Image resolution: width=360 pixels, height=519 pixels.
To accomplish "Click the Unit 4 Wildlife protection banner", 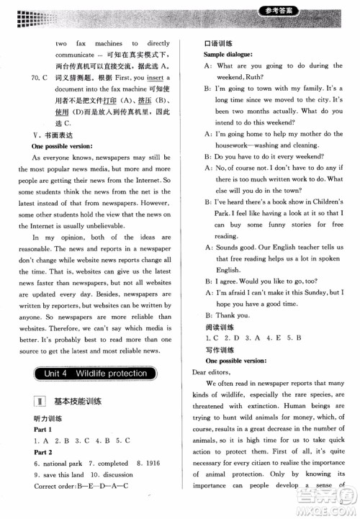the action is pyautogui.click(x=95, y=374).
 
